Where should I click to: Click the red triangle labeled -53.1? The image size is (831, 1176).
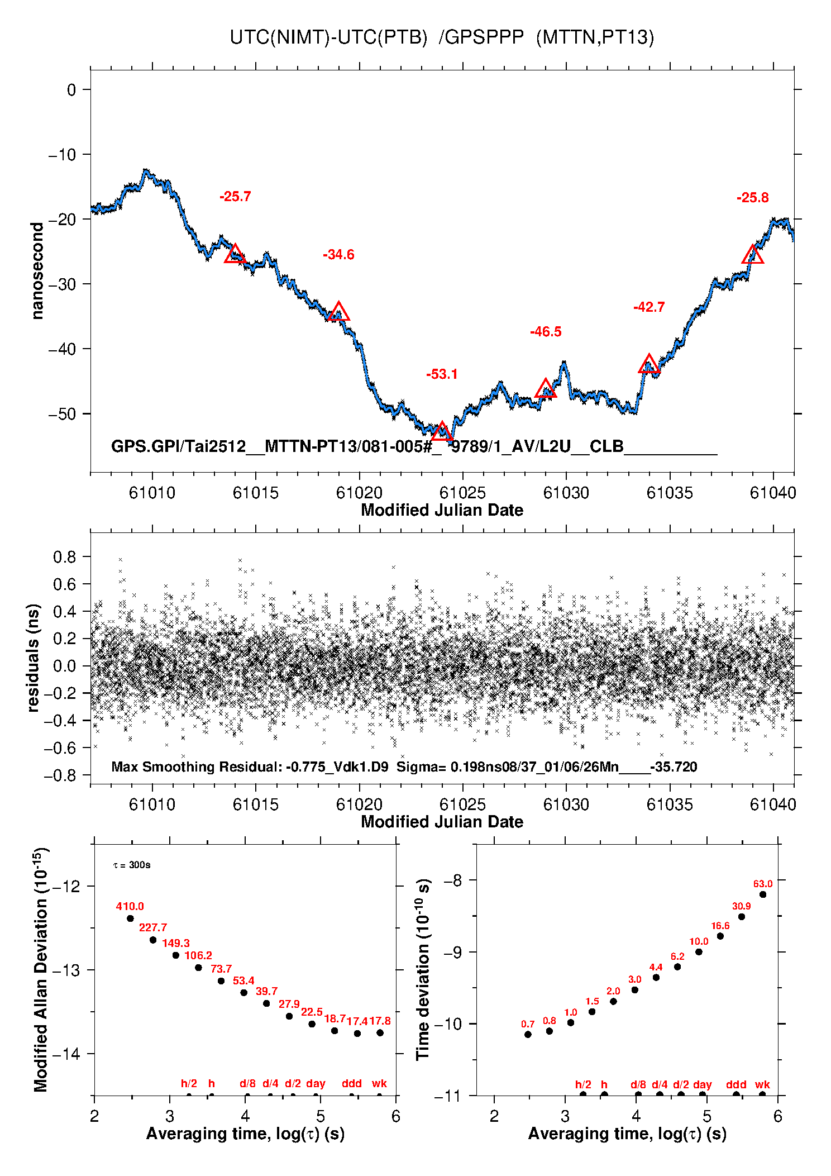click(x=442, y=431)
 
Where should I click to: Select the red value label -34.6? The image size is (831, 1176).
click(x=338, y=255)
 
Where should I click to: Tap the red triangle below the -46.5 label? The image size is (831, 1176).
click(x=546, y=388)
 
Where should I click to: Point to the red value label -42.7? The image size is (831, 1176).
click(x=649, y=307)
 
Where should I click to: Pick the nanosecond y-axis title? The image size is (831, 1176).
click(x=37, y=271)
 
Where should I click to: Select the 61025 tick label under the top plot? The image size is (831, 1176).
click(x=462, y=493)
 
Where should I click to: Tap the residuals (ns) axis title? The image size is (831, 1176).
click(x=34, y=658)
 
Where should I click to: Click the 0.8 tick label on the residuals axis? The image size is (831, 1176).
click(x=64, y=556)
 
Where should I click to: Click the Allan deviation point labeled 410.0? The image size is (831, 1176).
click(x=130, y=918)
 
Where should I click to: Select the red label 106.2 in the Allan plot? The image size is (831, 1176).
click(x=198, y=955)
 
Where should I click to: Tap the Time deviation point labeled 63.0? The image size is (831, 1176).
click(x=763, y=894)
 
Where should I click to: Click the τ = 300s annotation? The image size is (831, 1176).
click(x=132, y=865)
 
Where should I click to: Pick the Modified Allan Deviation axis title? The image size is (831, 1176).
click(x=40, y=969)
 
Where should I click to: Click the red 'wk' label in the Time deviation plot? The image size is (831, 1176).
click(x=762, y=1084)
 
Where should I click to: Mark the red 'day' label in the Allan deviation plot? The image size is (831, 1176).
click(x=316, y=1083)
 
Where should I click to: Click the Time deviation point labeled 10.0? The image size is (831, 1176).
click(x=699, y=952)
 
